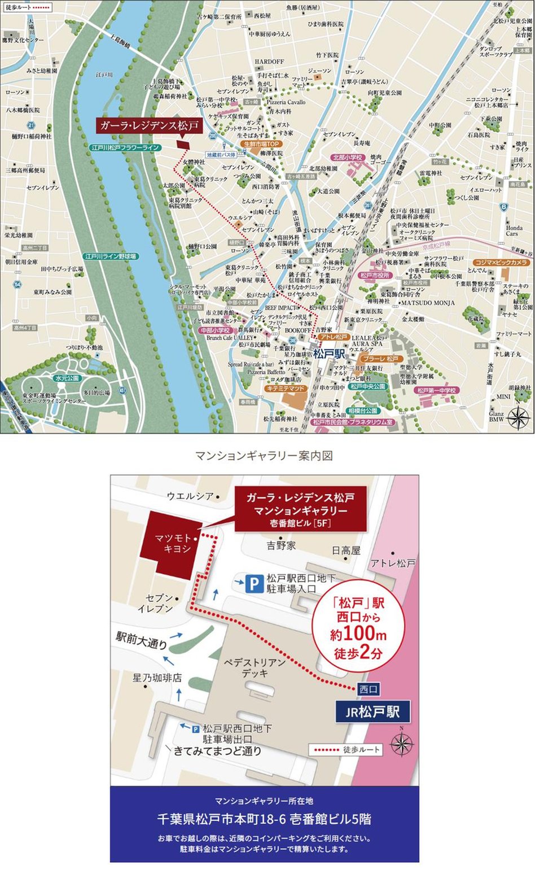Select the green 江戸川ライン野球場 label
tap(111, 256)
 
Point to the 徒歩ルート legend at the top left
tap(27, 7)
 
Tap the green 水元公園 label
tap(67, 378)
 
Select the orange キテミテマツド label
tap(286, 389)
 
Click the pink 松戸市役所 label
tap(375, 275)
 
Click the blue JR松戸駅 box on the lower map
tap(372, 712)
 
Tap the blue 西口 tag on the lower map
tap(368, 689)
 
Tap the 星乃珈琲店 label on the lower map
tap(157, 677)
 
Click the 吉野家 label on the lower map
tap(282, 545)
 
